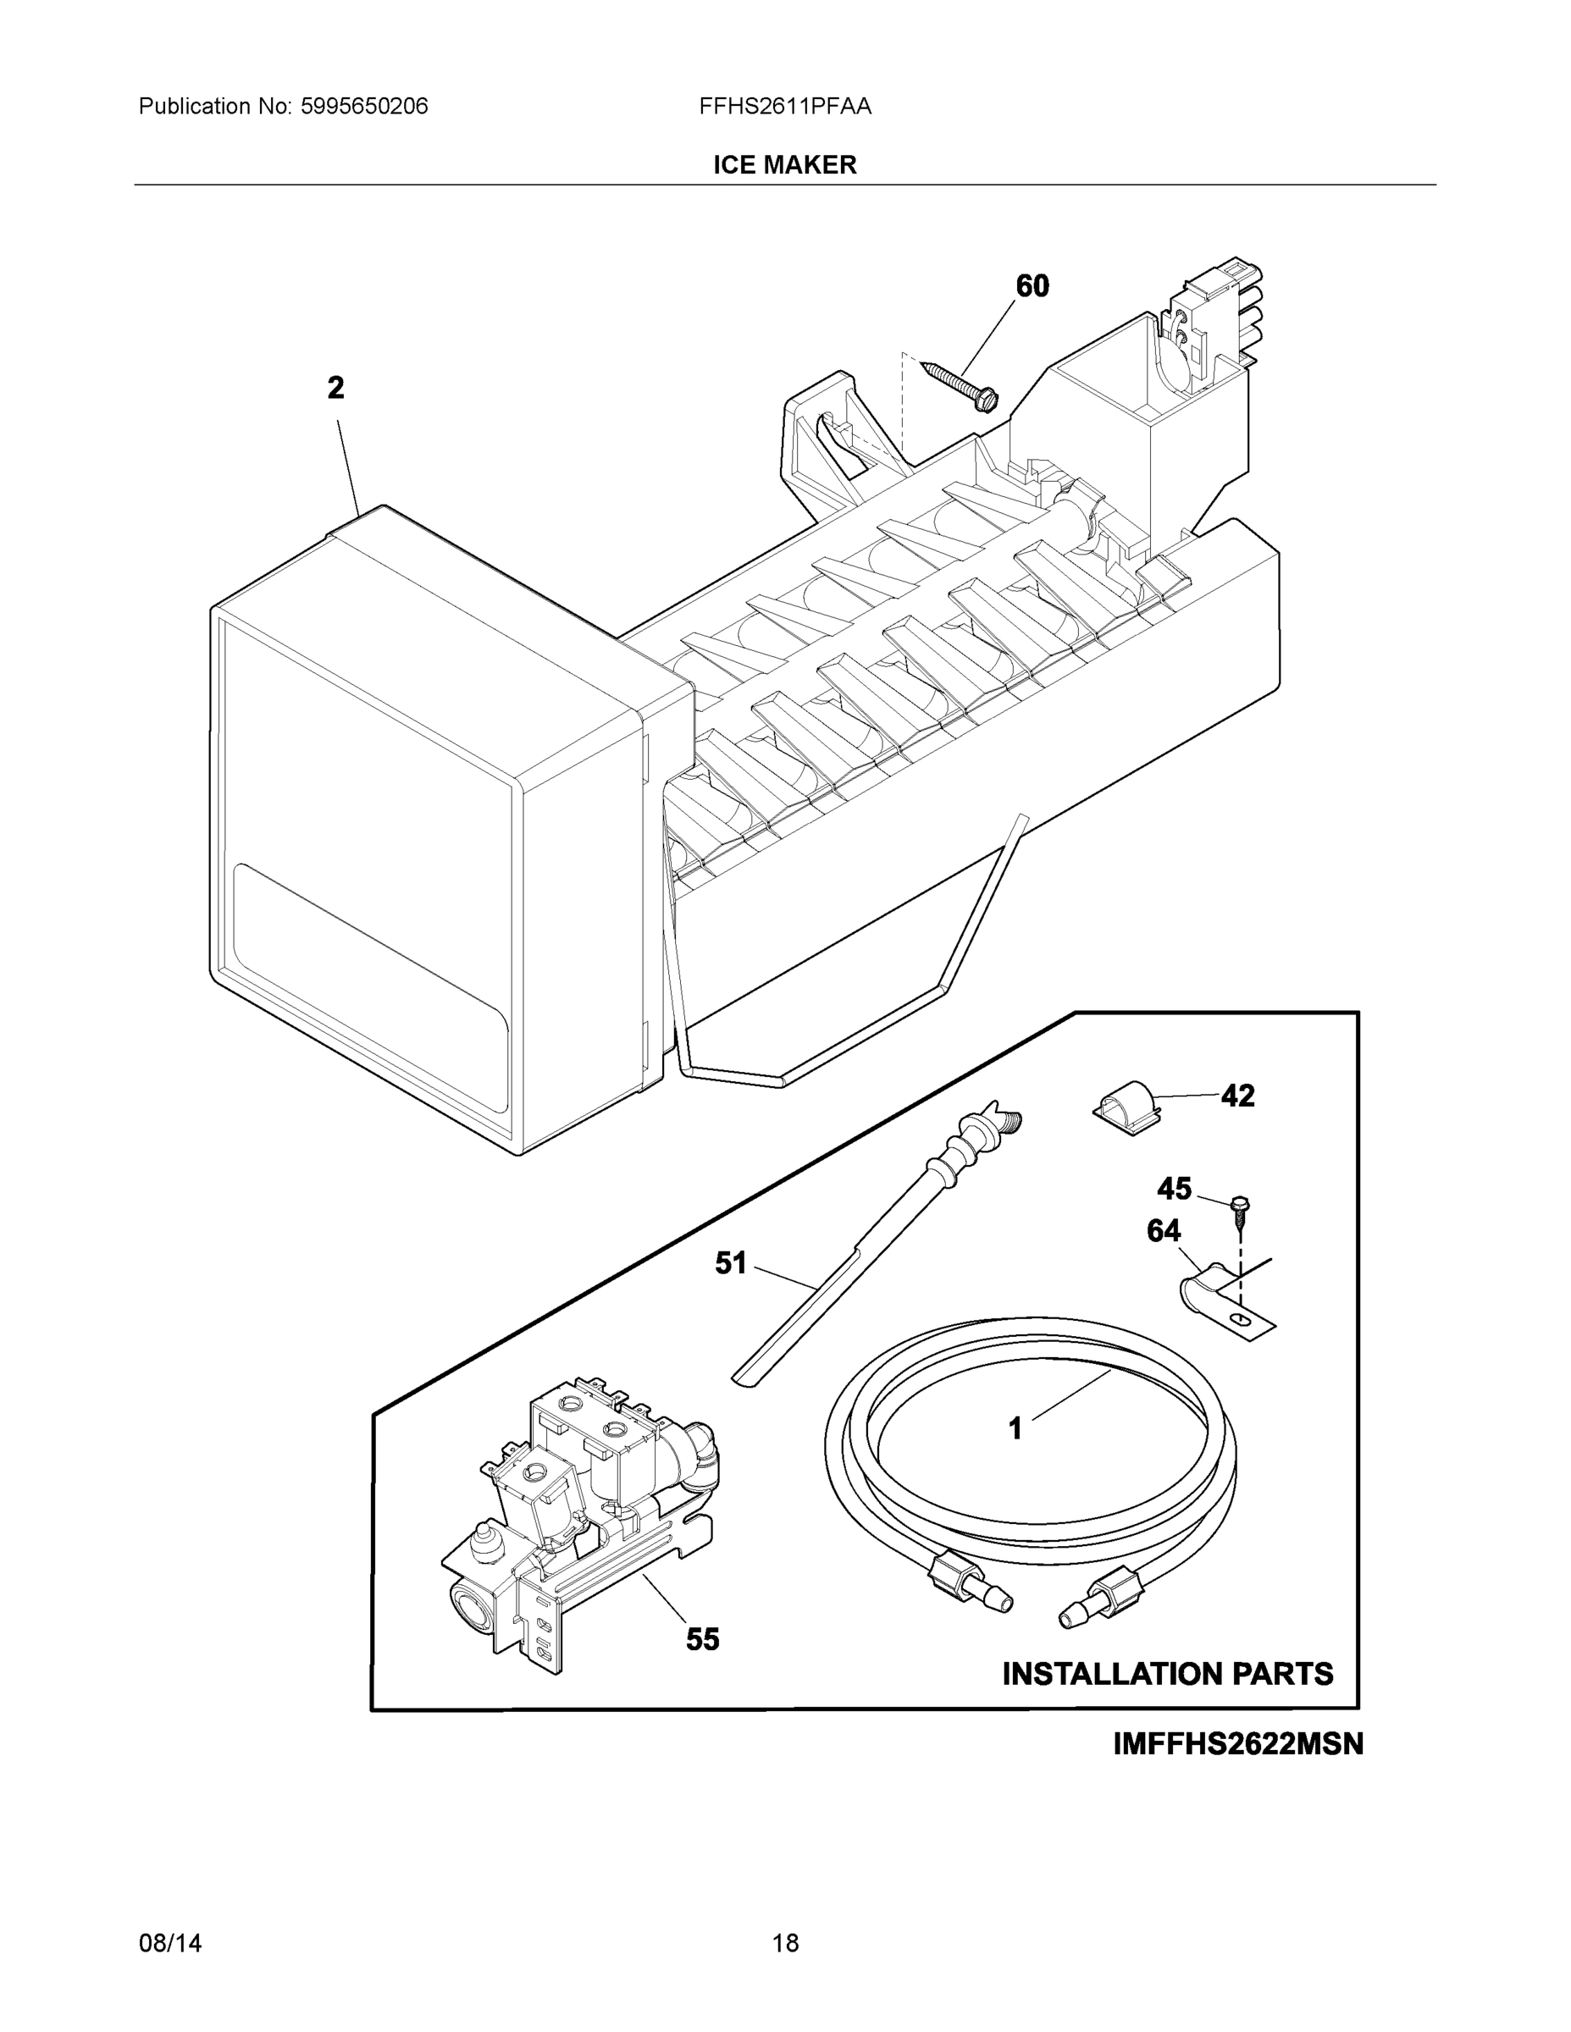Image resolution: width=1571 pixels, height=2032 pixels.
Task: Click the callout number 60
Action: [1032, 285]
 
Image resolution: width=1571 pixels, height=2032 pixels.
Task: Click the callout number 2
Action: [336, 388]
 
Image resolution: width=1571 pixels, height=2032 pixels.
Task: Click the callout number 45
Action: [1174, 1189]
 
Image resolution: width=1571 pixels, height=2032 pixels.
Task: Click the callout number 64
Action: [1164, 1231]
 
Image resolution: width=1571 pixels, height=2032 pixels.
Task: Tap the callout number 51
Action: [731, 1262]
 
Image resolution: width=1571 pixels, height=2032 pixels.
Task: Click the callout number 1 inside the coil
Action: [1015, 1428]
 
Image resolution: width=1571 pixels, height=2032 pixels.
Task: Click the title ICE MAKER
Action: [784, 165]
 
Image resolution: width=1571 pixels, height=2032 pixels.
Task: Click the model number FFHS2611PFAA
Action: [784, 106]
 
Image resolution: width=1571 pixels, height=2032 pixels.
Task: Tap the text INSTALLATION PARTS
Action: [1167, 1674]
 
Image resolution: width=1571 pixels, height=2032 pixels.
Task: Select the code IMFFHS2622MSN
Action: [1238, 1743]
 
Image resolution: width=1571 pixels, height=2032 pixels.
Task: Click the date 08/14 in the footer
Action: [170, 1943]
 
